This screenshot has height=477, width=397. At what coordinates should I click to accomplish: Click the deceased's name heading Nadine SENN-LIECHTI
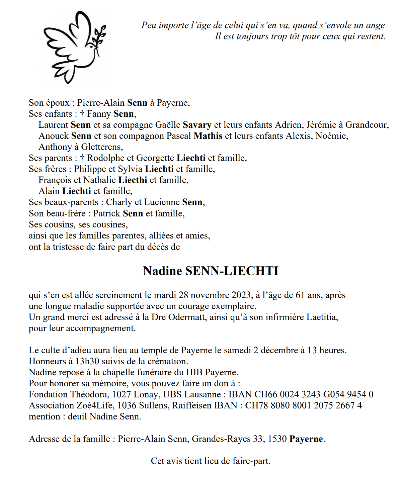pos(211,271)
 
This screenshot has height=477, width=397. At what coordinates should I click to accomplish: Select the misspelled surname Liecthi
pos(133,180)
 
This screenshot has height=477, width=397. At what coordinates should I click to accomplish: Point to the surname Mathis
pos(208,136)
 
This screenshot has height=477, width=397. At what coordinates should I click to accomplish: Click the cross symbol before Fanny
pos(82,114)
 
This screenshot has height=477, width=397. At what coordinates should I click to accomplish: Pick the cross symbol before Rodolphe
pos(82,158)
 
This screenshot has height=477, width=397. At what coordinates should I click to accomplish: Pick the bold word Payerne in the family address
pos(306,439)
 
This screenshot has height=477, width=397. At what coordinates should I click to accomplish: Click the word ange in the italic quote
pos(375,25)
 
